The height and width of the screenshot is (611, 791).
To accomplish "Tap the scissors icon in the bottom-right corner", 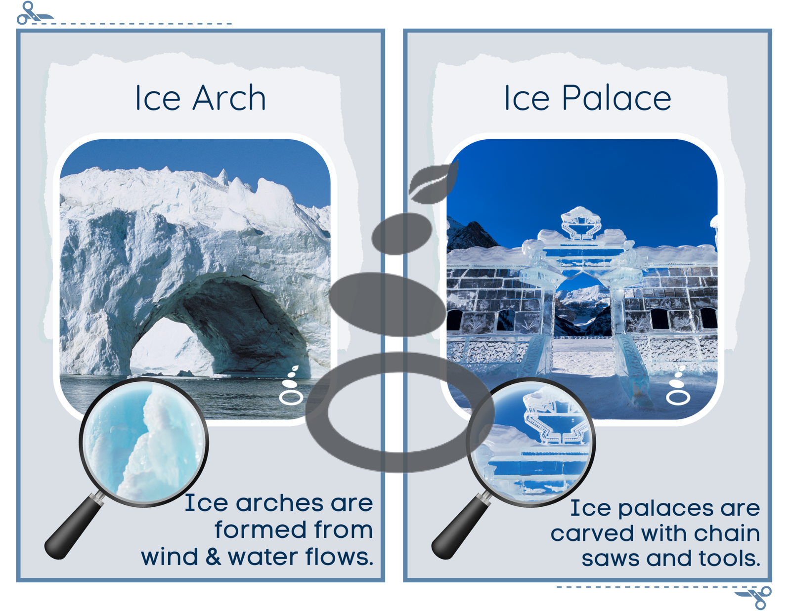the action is tap(753, 597).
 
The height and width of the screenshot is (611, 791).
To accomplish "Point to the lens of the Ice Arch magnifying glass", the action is tap(144, 442).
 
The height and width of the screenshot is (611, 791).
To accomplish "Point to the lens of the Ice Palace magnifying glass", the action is tap(531, 442).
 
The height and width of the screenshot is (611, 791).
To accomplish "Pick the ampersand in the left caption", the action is tap(213, 557).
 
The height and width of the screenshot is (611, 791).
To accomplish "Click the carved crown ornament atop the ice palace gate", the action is tap(580, 223).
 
